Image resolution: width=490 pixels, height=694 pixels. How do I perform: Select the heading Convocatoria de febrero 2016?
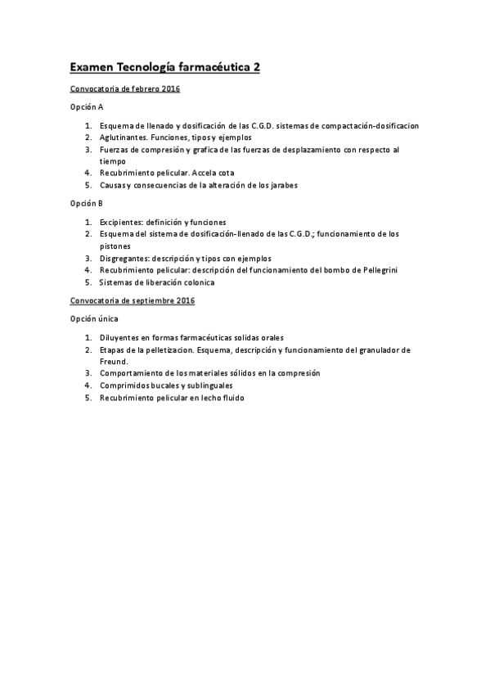[125, 88]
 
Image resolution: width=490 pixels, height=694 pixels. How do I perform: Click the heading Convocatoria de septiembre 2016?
[132, 300]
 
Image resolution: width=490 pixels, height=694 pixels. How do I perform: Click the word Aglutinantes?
[123, 137]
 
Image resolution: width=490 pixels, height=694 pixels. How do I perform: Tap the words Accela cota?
[213, 173]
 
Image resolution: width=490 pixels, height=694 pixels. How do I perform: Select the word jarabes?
[282, 185]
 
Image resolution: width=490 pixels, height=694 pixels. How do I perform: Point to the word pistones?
[114, 246]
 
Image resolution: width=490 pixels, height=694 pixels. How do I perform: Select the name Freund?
[114, 361]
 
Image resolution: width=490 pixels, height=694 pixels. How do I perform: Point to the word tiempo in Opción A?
[112, 161]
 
